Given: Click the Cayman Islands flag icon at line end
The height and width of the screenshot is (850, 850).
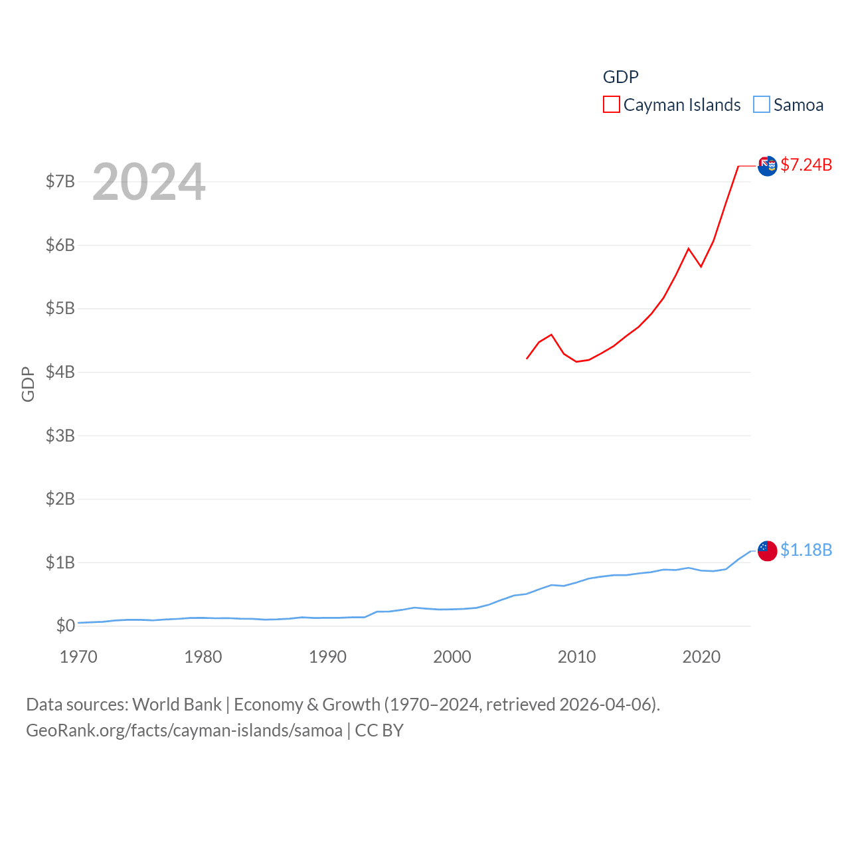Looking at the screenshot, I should pyautogui.click(x=767, y=166).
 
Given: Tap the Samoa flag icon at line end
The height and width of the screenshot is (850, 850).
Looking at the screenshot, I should pyautogui.click(x=767, y=551).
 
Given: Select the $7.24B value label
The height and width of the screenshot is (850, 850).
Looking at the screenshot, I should pyautogui.click(x=806, y=165).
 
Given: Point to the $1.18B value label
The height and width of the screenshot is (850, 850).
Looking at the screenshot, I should pyautogui.click(x=806, y=550).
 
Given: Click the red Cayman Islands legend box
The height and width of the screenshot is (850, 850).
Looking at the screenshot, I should pyautogui.click(x=611, y=105).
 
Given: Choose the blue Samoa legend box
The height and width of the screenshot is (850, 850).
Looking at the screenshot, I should pyautogui.click(x=762, y=105).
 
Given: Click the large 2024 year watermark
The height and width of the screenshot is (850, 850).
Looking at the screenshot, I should pyautogui.click(x=149, y=182).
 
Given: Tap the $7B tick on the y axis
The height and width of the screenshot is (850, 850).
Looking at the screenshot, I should pyautogui.click(x=60, y=181).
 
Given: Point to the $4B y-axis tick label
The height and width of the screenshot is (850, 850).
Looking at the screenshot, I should pyautogui.click(x=60, y=372).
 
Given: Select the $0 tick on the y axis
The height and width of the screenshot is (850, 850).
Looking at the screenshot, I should pyautogui.click(x=65, y=626).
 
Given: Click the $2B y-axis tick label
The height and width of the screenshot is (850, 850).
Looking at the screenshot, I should pyautogui.click(x=60, y=499).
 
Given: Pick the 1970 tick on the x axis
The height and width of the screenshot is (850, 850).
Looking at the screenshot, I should pyautogui.click(x=78, y=657).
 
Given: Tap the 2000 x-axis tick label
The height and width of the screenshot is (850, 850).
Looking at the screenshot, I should pyautogui.click(x=452, y=657).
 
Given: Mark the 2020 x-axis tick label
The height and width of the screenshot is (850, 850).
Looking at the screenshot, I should pyautogui.click(x=701, y=657).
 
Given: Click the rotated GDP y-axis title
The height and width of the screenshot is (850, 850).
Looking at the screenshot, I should pyautogui.click(x=28, y=384).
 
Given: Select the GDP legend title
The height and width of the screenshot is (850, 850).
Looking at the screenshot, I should pyautogui.click(x=620, y=77).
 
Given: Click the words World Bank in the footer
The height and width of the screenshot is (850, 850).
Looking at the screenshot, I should pyautogui.click(x=177, y=704).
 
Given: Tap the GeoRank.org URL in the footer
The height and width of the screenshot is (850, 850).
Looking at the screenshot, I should pyautogui.click(x=184, y=730).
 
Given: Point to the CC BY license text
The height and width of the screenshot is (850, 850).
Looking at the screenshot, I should pyautogui.click(x=379, y=730).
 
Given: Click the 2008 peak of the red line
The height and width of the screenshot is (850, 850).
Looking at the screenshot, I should pyautogui.click(x=551, y=335).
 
